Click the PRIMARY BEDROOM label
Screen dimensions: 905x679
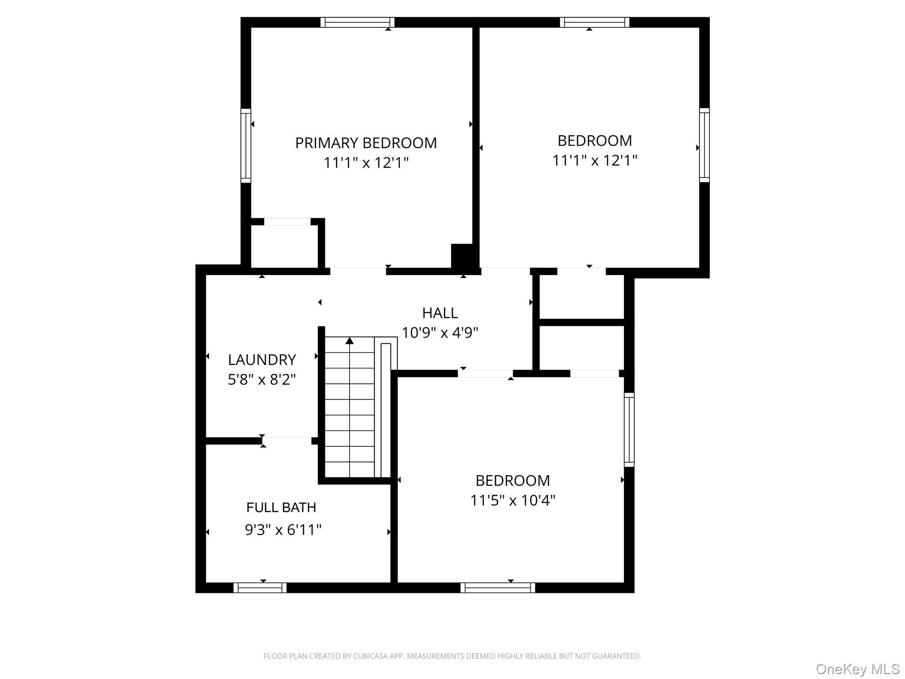coord(366,143)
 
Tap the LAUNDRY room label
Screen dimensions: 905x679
coord(262,360)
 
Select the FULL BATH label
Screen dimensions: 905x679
coord(281,507)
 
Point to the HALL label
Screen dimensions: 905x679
coord(440,313)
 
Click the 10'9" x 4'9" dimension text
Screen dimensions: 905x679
coord(440,332)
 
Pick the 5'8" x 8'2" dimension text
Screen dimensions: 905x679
coord(262,379)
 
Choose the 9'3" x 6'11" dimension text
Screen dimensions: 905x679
coord(283,530)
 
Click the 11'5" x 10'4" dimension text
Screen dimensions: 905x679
coord(513,500)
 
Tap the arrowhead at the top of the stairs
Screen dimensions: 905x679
coord(350,340)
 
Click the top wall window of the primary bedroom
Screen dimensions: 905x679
coord(357,22)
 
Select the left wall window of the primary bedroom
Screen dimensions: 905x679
coord(246,145)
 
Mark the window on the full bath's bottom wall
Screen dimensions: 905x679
coord(260,587)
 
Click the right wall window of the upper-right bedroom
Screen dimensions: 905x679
coord(704,145)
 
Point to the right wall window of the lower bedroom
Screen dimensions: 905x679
coord(629,430)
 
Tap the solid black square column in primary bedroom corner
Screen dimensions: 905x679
coord(462,256)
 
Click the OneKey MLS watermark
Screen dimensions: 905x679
coord(858,669)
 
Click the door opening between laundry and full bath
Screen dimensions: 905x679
coord(287,440)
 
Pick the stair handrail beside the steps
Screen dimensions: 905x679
coord(386,410)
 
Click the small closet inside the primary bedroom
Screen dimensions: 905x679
coord(285,247)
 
